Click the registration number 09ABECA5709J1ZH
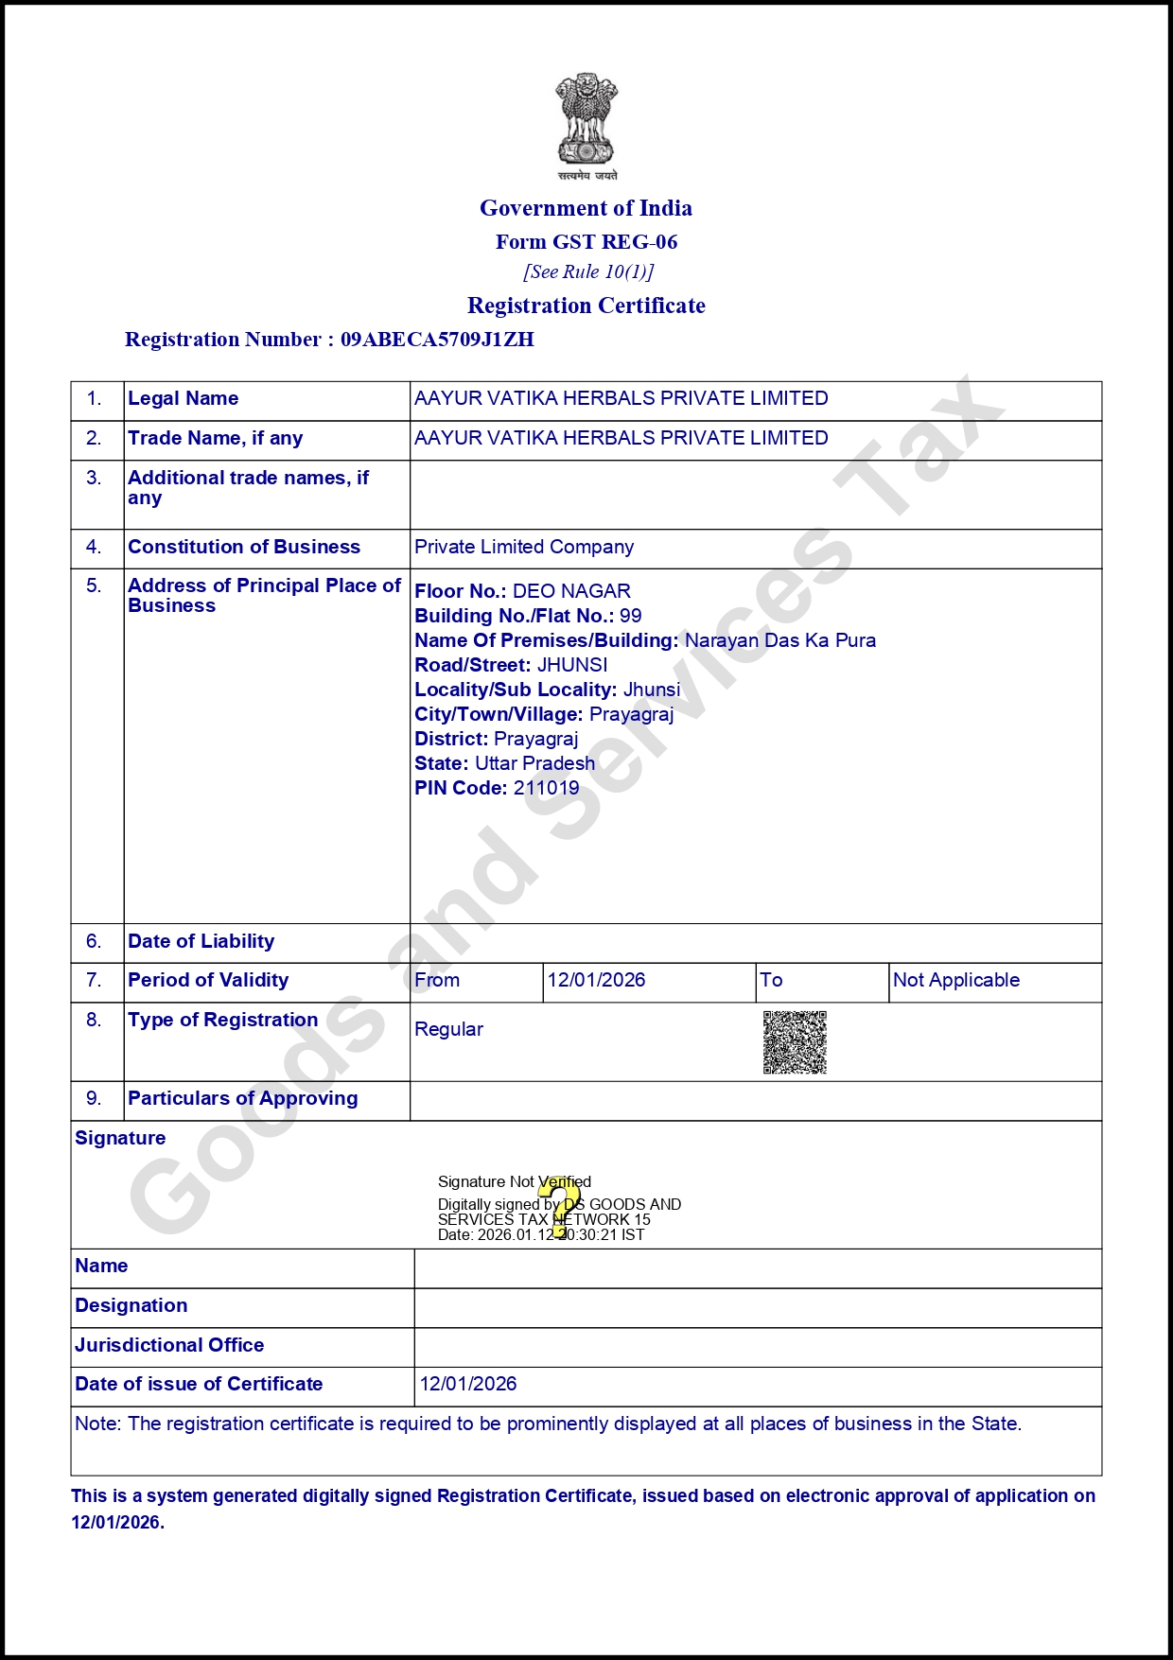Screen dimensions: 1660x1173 tap(437, 340)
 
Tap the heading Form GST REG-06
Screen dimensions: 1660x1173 tap(586, 242)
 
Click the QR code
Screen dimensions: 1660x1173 tap(795, 1042)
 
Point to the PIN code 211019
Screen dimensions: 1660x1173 tap(546, 788)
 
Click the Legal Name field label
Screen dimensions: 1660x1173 tap(184, 398)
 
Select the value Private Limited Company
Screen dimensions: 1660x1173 tap(524, 547)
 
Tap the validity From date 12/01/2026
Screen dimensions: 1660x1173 tap(596, 980)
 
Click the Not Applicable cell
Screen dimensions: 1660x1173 tap(956, 980)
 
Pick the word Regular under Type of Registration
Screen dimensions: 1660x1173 tap(448, 1029)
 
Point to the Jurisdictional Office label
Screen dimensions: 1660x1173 tap(169, 1345)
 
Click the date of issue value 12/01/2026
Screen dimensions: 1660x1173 tap(468, 1384)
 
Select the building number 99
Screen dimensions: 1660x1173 tap(631, 616)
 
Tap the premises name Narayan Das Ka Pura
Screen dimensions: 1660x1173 tap(780, 640)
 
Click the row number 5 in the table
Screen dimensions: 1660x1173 tap(94, 585)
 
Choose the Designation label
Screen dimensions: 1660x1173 tap(131, 1305)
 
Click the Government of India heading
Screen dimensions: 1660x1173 tap(586, 208)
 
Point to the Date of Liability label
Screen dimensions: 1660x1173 tap(201, 941)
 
